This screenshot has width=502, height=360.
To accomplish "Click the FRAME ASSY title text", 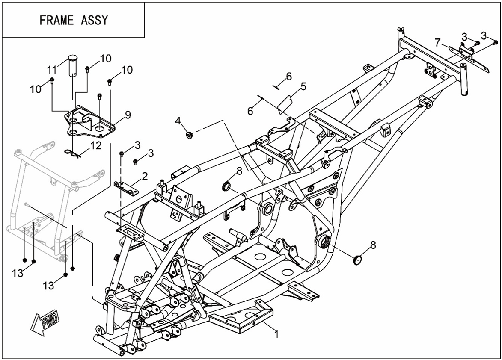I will tap(74, 20).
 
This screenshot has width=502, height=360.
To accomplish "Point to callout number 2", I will tap(145, 175).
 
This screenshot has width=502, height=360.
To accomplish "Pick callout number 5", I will tap(303, 87).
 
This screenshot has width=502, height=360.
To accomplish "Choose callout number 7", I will tap(437, 42).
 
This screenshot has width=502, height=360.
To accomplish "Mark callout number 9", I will tap(128, 115).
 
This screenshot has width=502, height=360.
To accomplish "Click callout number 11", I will tap(52, 69).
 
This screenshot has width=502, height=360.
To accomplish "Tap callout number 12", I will tap(96, 146).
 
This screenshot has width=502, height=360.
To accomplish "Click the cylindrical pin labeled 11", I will tap(73, 64).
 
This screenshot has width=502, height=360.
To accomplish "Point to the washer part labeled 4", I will tap(188, 135).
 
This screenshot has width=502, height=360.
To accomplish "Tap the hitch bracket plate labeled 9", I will tap(90, 123).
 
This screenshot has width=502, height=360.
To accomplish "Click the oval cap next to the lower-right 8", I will tap(357, 260).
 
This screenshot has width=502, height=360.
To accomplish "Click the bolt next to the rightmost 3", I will tap(495, 42).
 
